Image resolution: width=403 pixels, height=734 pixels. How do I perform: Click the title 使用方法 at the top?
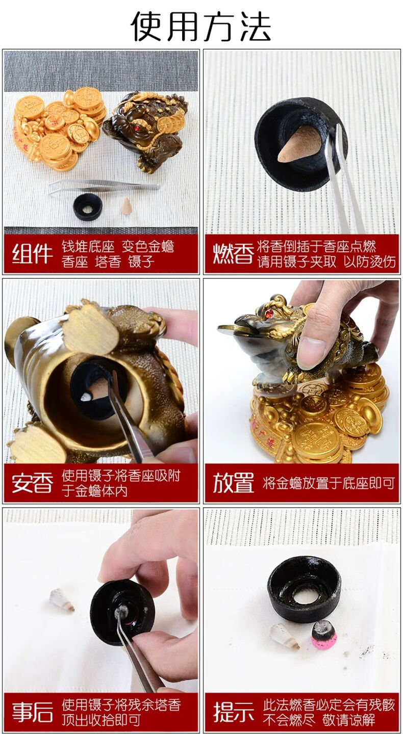point(201,26)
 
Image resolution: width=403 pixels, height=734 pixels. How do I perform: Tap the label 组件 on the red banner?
point(32,254)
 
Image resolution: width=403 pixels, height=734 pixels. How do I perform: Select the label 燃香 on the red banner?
point(233,254)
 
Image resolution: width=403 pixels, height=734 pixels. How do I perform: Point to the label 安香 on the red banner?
point(32,483)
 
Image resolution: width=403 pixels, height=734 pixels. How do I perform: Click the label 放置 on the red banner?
point(233,483)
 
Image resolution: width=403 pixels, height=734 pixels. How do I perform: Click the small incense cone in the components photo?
point(125,206)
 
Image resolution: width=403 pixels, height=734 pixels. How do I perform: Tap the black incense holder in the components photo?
point(88,207)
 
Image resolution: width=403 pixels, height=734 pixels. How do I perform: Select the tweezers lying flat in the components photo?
point(104,187)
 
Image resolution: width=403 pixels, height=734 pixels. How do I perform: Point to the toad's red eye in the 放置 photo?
point(269,314)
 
